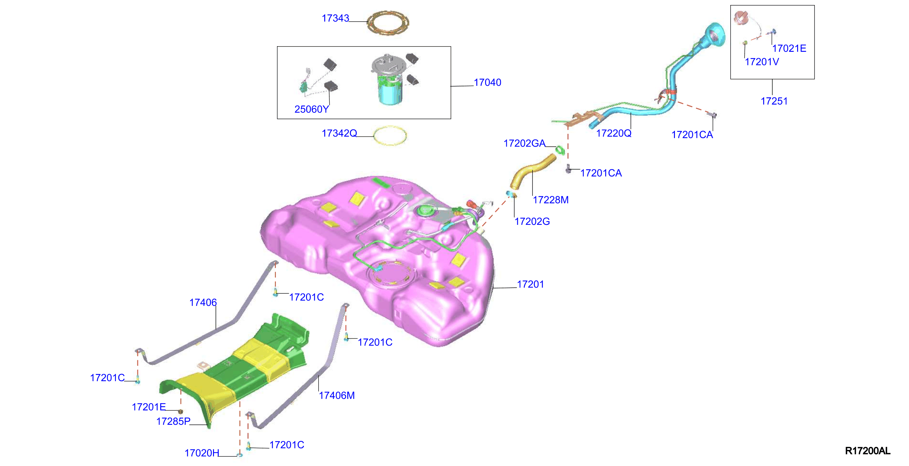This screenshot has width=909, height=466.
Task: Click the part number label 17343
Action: click(x=335, y=18)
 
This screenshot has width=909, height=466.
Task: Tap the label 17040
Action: click(x=487, y=82)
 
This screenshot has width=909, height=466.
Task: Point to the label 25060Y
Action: click(x=312, y=109)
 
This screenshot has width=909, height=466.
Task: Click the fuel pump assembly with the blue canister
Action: click(x=388, y=79)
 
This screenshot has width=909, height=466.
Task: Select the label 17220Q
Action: click(x=614, y=133)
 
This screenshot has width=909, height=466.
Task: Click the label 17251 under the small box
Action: click(x=774, y=101)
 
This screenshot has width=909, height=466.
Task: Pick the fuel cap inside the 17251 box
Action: click(x=741, y=17)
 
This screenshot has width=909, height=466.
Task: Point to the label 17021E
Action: click(x=789, y=48)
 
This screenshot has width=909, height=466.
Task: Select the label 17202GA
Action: click(x=524, y=143)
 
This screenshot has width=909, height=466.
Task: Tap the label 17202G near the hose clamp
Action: click(x=532, y=221)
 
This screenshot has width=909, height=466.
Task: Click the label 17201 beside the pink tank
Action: click(x=530, y=284)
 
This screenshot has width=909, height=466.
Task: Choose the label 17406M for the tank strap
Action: click(x=337, y=395)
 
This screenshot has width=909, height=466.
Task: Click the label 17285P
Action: click(x=173, y=421)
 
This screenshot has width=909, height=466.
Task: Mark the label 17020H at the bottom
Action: click(x=202, y=453)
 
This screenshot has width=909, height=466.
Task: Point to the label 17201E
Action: click(x=149, y=407)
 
